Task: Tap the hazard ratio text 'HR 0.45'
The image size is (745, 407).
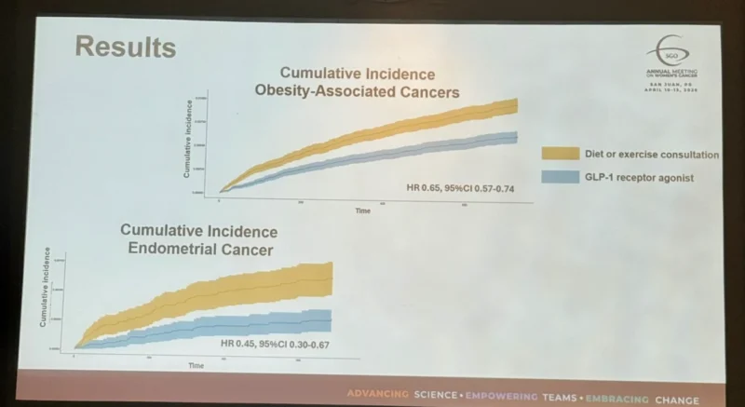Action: click(237, 345)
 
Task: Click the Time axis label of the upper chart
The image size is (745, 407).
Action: click(362, 211)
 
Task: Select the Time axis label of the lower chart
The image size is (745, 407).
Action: click(196, 365)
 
